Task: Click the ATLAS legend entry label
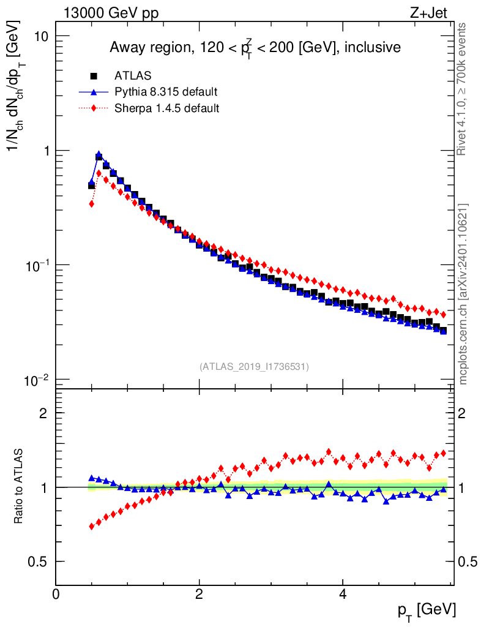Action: (133, 76)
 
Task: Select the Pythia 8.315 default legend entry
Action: (166, 92)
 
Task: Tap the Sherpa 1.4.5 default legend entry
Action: (167, 108)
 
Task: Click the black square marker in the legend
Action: (94, 76)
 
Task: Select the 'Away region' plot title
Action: (255, 48)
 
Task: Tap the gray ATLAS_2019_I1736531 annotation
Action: (254, 367)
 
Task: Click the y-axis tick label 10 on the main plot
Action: (40, 36)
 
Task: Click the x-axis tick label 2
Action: (199, 594)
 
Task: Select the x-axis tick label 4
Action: (343, 594)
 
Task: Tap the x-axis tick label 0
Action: (56, 594)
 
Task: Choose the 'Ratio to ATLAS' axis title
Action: (19, 487)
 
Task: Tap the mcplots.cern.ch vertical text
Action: (463, 294)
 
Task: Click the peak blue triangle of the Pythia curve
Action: (99, 155)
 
